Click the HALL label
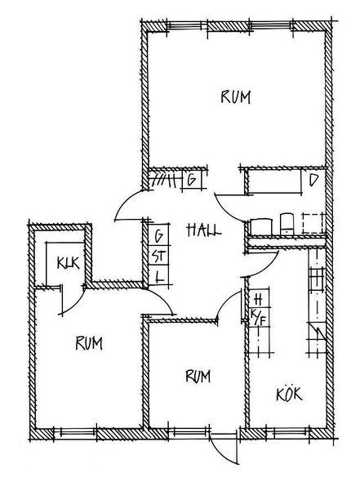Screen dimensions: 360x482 204,230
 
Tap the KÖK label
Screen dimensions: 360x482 289,394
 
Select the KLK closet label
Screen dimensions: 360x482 69,263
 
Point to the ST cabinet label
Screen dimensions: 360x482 159,257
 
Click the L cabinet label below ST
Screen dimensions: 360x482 159,278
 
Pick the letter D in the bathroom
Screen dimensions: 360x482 313,181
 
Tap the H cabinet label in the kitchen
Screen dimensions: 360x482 258,298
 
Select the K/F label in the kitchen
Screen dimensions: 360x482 258,317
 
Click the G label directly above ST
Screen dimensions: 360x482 159,236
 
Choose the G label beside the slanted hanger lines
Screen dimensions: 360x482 191,180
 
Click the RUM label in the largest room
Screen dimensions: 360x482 236,97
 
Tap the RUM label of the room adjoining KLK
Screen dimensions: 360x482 89,343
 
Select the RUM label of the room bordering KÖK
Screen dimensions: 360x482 198,376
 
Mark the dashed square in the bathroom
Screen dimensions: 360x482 313,223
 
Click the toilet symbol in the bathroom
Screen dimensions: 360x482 287,224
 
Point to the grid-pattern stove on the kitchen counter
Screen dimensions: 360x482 317,279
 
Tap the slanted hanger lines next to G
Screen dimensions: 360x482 163,181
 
